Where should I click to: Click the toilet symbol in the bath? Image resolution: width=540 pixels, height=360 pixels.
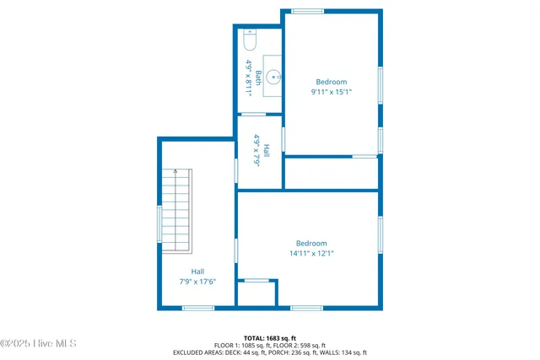(x=250, y=39)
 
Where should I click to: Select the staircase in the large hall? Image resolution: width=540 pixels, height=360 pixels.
(x=177, y=210)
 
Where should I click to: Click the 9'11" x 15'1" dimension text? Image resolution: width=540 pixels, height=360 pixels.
(x=332, y=92)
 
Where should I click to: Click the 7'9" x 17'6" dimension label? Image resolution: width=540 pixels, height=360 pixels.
(x=197, y=281)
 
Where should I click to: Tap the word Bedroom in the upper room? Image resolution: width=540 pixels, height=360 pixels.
(x=332, y=82)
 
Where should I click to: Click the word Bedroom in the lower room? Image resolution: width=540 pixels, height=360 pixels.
(x=311, y=243)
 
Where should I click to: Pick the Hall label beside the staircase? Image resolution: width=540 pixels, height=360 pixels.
(x=197, y=271)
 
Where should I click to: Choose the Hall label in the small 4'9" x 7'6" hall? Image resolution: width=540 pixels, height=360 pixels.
(x=266, y=151)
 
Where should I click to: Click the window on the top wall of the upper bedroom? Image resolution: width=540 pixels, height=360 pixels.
(x=307, y=11)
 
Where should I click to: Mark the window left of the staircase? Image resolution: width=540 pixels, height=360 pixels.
(x=159, y=224)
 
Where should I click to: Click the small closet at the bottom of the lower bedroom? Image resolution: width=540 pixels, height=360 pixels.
(x=256, y=293)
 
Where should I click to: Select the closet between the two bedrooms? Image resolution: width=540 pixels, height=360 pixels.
(x=331, y=174)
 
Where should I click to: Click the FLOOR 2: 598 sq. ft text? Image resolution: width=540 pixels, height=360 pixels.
(x=296, y=345)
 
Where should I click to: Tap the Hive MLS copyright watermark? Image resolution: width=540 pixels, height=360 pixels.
(x=39, y=343)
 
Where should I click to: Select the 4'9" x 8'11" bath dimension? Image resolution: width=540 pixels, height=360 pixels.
(x=249, y=74)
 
